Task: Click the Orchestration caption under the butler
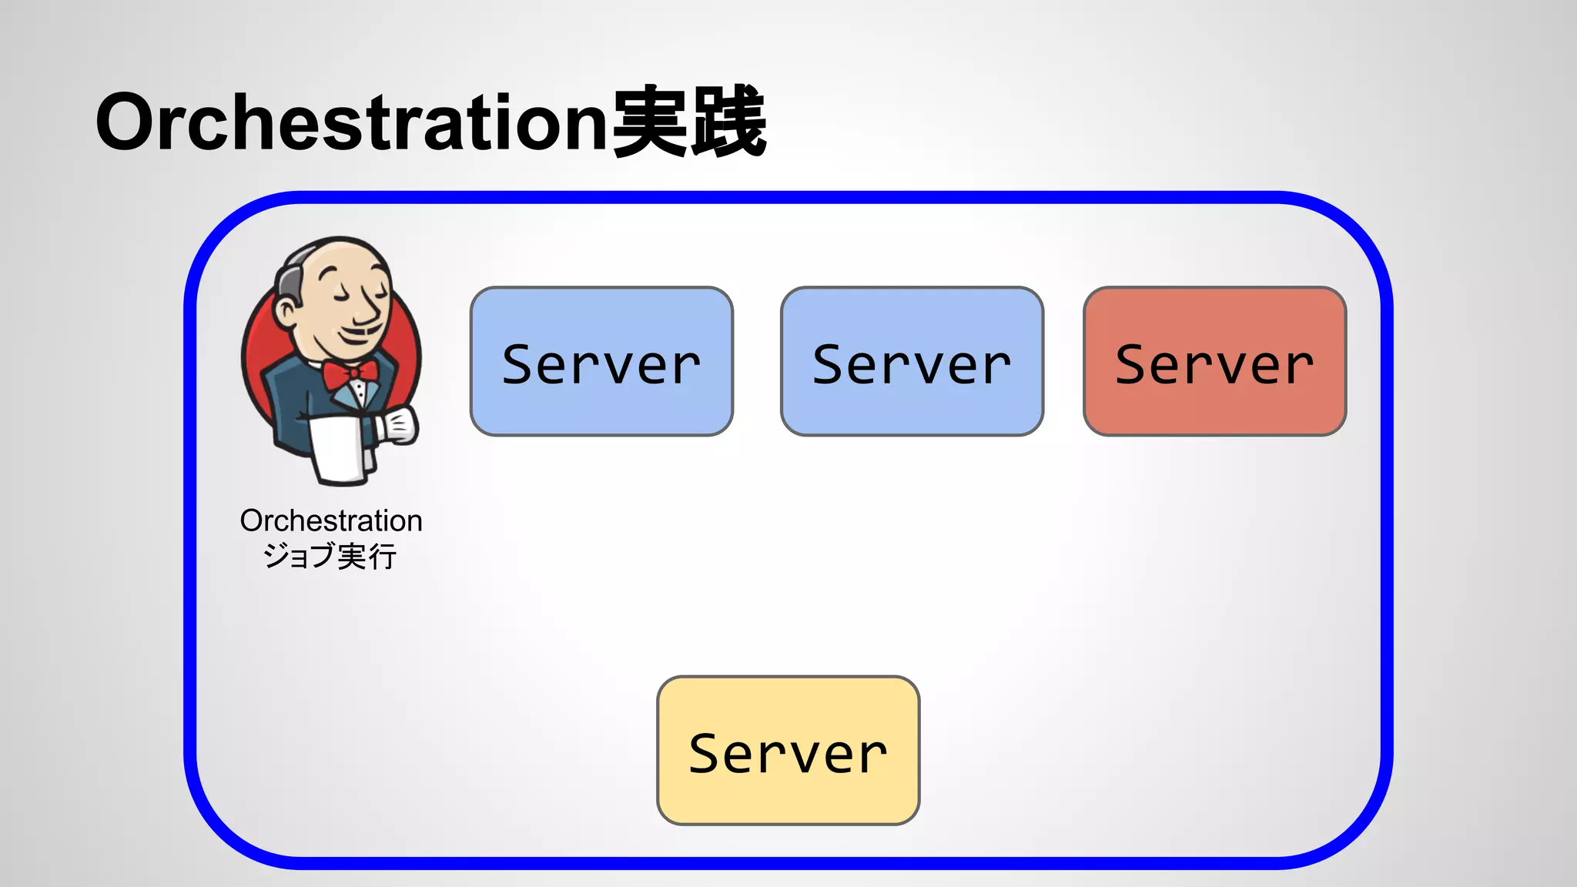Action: point(331,521)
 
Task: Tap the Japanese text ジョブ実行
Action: point(330,556)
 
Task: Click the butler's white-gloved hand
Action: point(399,425)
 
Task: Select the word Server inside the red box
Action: point(1214,365)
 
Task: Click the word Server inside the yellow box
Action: point(788,754)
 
